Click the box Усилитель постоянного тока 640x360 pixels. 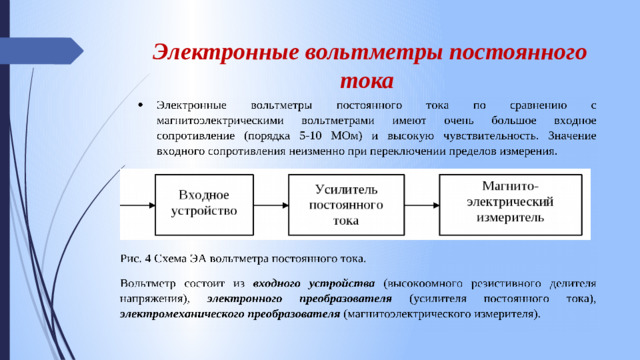pyautogui.click(x=346, y=204)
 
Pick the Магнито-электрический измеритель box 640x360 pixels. pyautogui.click(x=511, y=201)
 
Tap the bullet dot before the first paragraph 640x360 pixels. pyautogui.click(x=142, y=105)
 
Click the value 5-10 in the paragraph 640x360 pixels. pyautogui.click(x=314, y=135)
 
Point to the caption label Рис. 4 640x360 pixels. pyautogui.click(x=135, y=249)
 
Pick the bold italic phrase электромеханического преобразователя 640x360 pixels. pyautogui.click(x=229, y=314)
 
